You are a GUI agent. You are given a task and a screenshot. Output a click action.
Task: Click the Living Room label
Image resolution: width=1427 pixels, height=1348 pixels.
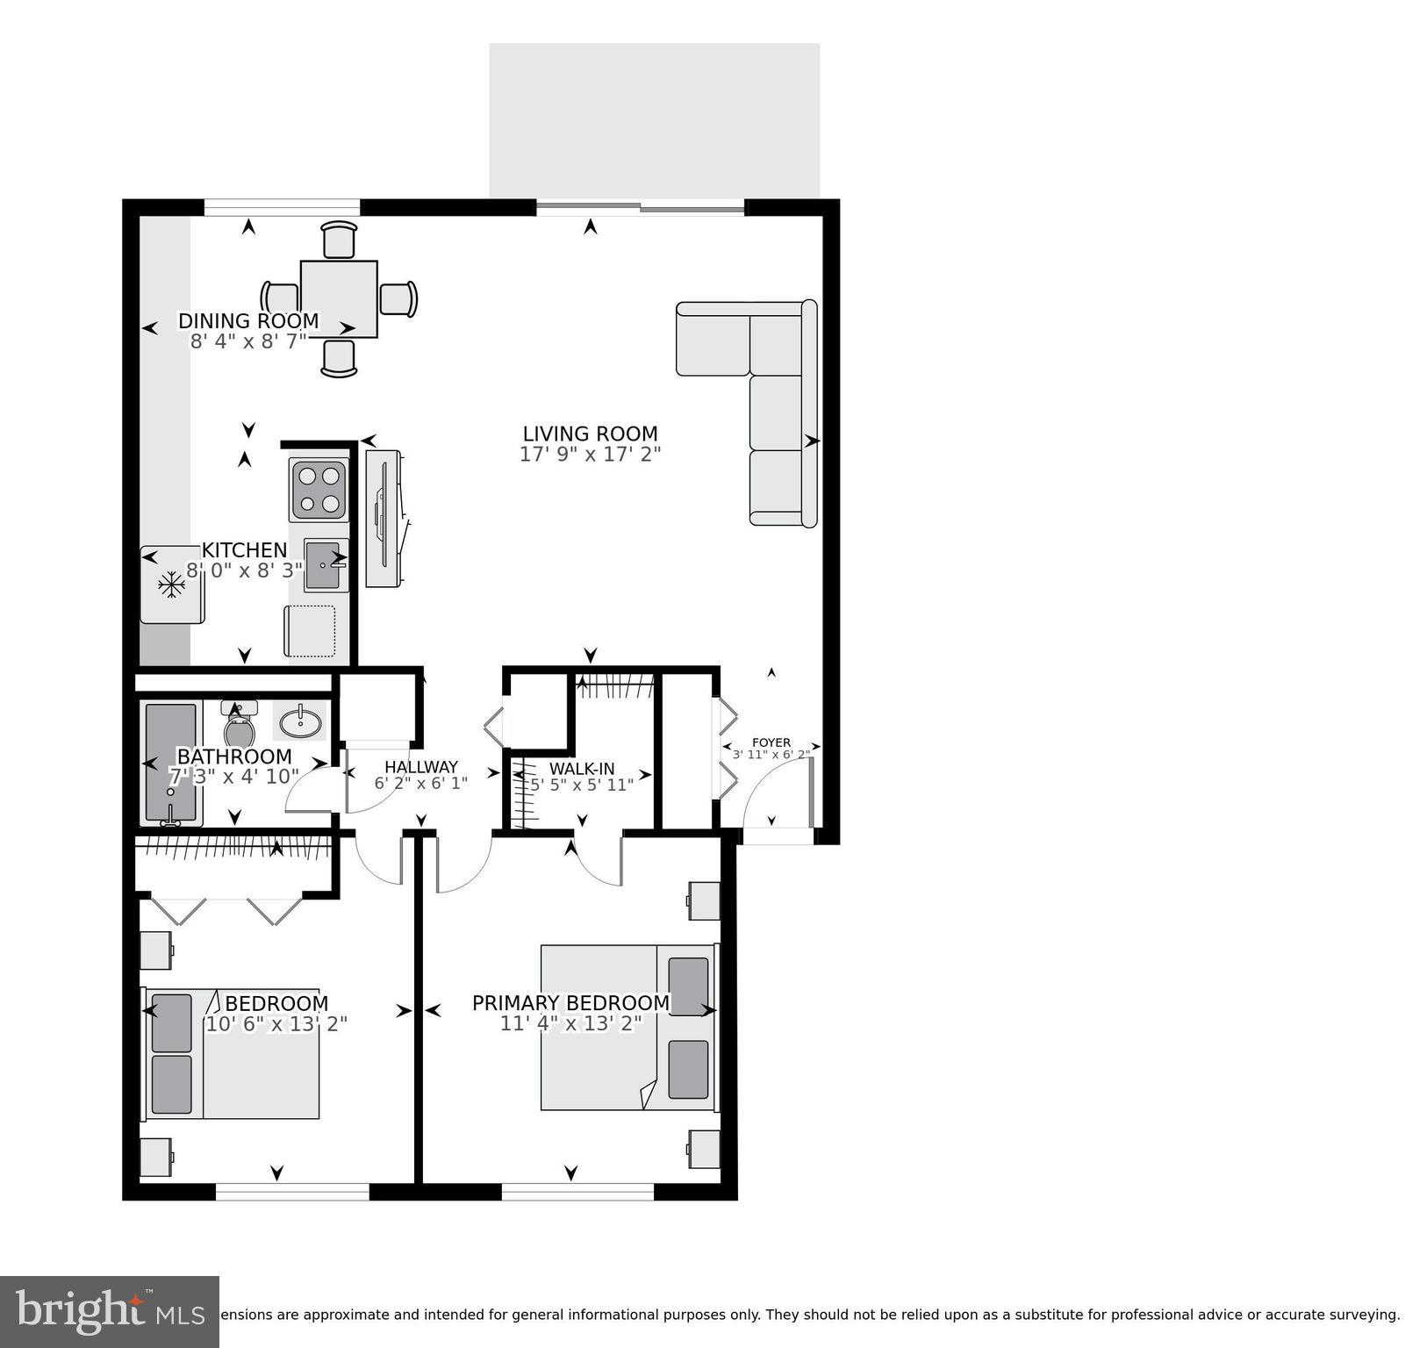(x=590, y=434)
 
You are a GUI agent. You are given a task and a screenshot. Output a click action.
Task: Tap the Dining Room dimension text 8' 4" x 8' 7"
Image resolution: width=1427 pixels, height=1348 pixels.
(x=248, y=341)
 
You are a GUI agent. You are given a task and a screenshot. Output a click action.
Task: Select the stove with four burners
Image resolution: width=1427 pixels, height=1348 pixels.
(x=319, y=490)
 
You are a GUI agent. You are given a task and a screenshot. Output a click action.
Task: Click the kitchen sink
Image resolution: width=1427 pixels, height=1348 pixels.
(x=324, y=565)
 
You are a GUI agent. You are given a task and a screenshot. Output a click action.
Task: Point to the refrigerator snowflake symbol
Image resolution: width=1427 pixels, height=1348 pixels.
(x=171, y=585)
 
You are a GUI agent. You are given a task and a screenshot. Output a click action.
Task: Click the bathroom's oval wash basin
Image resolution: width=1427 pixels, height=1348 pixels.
(x=300, y=722)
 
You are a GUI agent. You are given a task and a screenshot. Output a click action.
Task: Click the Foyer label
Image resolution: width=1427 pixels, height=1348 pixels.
(x=771, y=742)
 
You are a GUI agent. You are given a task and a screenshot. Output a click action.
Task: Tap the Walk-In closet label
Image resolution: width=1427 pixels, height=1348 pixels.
(x=582, y=769)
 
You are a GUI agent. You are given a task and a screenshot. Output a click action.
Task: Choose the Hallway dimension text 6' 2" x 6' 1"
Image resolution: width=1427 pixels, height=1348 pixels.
(x=420, y=784)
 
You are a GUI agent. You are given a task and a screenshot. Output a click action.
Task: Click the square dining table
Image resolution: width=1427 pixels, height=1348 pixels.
(x=339, y=298)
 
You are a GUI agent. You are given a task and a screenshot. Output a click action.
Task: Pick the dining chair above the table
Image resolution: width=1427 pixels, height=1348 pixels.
(x=340, y=239)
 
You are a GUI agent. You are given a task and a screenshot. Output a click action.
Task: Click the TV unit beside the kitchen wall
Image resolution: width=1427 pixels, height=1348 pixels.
(x=384, y=519)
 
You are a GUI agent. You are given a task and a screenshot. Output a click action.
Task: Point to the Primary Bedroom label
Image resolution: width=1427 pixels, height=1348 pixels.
(x=570, y=1003)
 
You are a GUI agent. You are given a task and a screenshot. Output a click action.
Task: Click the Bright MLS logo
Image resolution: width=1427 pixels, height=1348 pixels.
(x=109, y=1312)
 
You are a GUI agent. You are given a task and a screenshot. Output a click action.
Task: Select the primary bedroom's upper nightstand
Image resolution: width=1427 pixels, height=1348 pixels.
(x=703, y=900)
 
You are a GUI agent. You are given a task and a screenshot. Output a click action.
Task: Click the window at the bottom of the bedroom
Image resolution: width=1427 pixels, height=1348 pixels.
(x=292, y=1191)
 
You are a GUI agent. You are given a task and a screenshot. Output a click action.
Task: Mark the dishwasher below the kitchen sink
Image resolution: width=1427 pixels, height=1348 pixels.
(x=310, y=631)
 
